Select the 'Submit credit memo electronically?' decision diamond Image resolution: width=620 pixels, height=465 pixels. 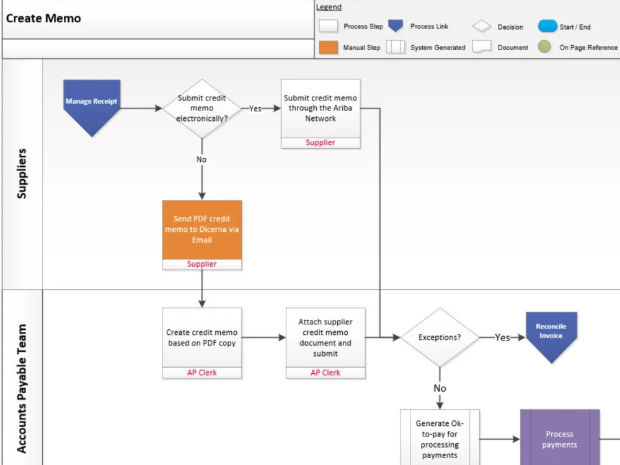click(x=201, y=108)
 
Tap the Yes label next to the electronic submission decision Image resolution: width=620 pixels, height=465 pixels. click(x=255, y=108)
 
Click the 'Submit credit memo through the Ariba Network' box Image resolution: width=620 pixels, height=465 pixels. click(x=320, y=108)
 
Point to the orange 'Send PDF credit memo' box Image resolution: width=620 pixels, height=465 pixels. click(x=201, y=229)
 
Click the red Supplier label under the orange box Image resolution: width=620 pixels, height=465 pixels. click(x=201, y=264)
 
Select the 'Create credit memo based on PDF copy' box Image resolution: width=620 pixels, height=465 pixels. click(x=201, y=337)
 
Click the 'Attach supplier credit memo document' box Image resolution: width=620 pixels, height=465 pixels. click(x=325, y=337)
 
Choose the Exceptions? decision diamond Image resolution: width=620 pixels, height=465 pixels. click(x=440, y=338)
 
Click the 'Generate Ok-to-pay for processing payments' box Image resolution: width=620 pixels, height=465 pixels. click(x=440, y=439)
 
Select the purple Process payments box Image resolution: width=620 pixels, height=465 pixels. click(x=559, y=439)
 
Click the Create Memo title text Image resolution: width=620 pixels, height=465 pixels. click(x=43, y=18)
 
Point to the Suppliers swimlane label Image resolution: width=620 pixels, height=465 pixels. click(x=22, y=173)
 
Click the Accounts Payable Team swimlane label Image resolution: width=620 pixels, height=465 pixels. click(x=22, y=387)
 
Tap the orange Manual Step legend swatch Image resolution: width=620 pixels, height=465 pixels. click(x=328, y=47)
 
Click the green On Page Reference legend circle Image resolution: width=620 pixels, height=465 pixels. click(x=544, y=47)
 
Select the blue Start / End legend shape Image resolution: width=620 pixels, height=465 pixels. click(x=547, y=27)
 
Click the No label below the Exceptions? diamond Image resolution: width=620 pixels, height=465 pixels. click(x=440, y=388)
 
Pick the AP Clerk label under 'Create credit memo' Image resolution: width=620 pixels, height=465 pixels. click(x=201, y=373)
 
